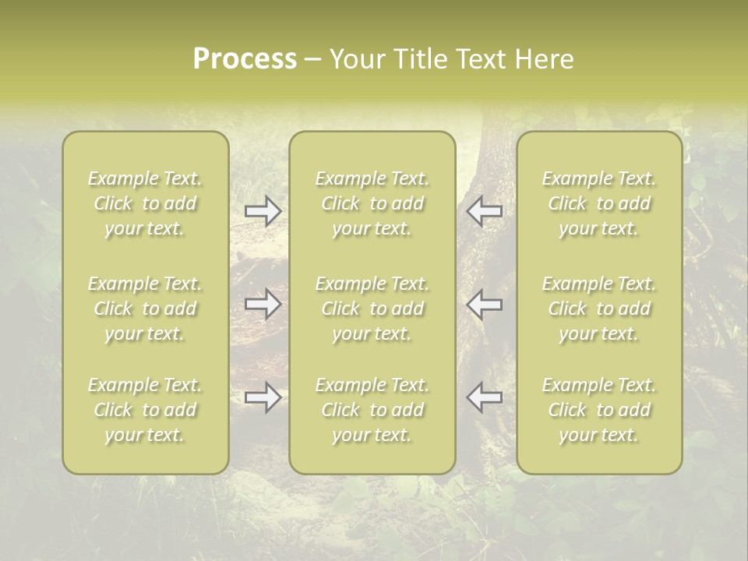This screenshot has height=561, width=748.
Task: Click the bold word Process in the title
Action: pos(245,59)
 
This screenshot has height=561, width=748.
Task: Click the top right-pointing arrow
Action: pos(263,211)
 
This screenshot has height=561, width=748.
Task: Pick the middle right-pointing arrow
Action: pos(263,304)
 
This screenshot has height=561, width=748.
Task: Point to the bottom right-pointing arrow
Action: pos(263,397)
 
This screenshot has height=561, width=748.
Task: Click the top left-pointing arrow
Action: pos(485,211)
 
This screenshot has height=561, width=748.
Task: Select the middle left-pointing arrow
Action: pos(485,304)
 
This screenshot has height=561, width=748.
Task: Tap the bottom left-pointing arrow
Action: pos(485,397)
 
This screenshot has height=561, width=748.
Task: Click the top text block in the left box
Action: pos(145,203)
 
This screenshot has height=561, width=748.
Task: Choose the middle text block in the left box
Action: pos(145,309)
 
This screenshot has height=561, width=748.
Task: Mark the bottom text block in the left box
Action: pos(145,410)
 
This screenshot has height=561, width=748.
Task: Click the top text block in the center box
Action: pos(372,203)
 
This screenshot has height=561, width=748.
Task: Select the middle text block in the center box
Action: pos(372,309)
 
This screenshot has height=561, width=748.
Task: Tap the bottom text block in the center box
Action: pos(372,410)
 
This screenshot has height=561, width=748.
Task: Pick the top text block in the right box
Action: pos(598,203)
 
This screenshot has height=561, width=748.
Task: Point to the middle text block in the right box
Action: pos(598,309)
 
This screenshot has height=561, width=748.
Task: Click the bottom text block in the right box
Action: pos(598,410)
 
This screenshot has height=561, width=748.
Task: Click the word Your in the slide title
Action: pos(356,59)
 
